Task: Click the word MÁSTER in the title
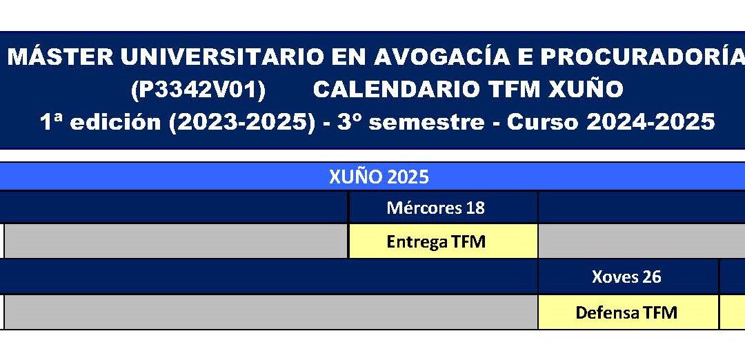60,57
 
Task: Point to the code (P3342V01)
198,90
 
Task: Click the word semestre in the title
426,123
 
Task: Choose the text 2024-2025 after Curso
650,122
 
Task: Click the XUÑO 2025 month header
379,177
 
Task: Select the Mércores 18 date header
436,208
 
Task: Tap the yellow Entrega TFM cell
444,241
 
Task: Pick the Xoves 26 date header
626,277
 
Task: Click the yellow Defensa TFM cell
628,312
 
